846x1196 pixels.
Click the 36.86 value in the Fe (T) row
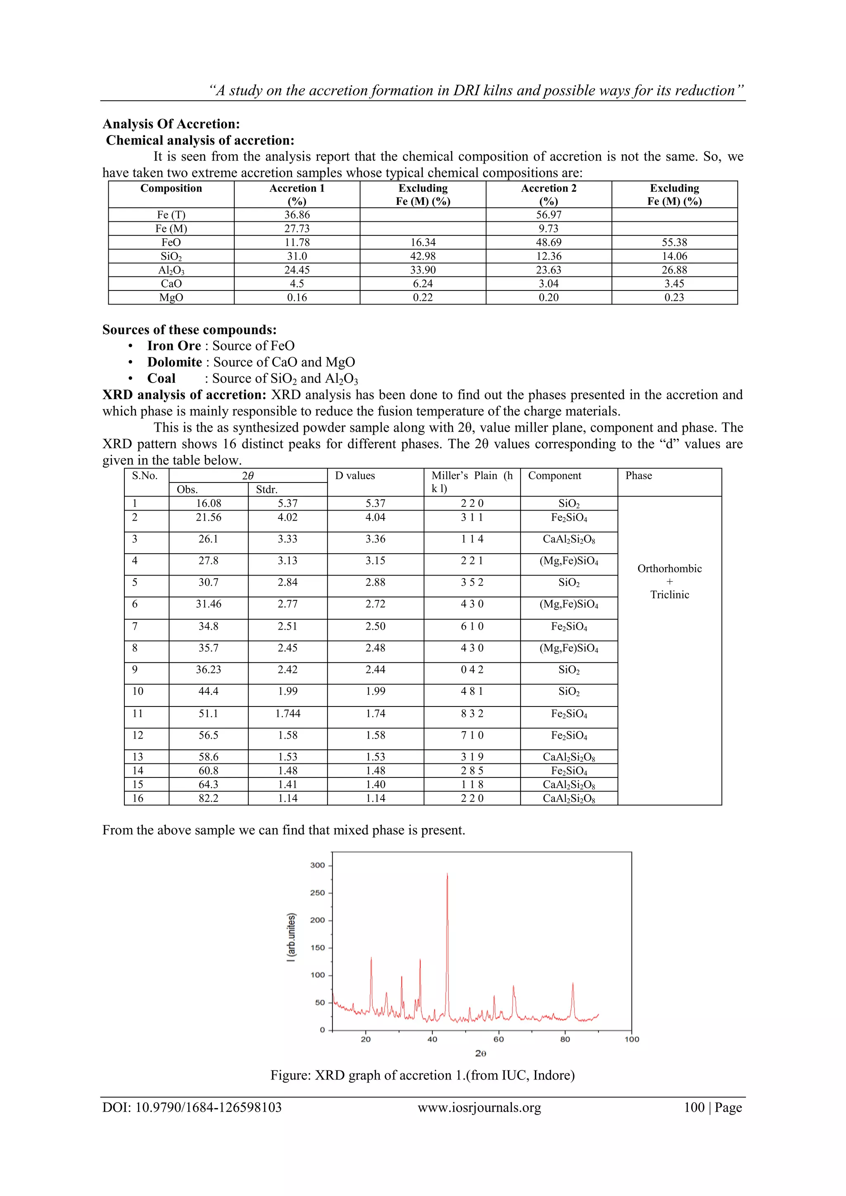(x=297, y=214)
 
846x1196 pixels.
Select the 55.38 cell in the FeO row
(x=674, y=242)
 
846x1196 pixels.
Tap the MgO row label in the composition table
(x=171, y=297)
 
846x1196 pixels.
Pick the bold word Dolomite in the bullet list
(x=174, y=362)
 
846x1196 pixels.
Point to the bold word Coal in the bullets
(x=161, y=379)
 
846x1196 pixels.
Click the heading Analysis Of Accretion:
(x=171, y=124)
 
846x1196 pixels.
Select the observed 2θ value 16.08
(x=208, y=503)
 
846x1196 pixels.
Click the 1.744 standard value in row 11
(x=288, y=713)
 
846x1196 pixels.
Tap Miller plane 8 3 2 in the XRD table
(x=472, y=713)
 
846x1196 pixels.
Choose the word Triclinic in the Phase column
(x=669, y=595)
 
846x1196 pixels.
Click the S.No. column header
(x=145, y=476)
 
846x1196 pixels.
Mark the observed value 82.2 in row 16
(x=208, y=798)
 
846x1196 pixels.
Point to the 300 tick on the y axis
(x=317, y=865)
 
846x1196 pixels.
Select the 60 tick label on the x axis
(x=499, y=1039)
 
